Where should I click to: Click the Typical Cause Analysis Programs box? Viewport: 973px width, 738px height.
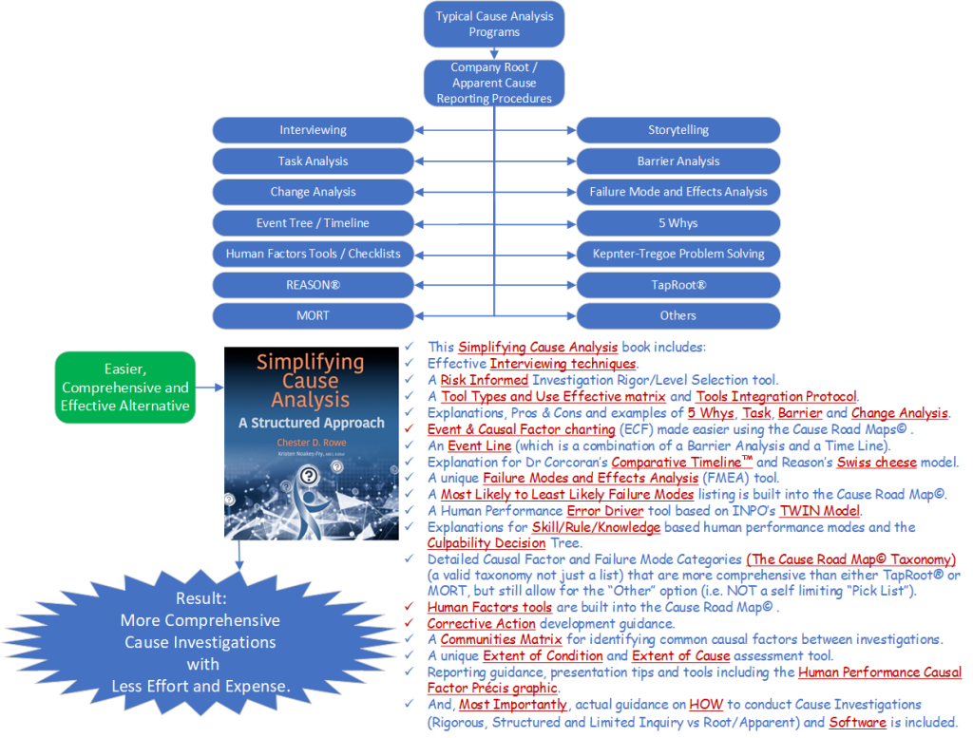(x=494, y=24)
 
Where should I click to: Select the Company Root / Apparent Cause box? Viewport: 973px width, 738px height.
(x=494, y=84)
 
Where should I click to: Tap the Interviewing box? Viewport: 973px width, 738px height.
(x=313, y=130)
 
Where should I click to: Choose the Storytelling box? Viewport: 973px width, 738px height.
(x=677, y=130)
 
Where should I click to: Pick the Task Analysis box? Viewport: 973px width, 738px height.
(x=313, y=161)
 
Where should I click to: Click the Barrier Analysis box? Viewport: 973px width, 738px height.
(x=677, y=161)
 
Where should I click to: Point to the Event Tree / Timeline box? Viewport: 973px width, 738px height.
(x=313, y=223)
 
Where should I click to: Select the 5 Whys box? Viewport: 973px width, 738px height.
(x=677, y=223)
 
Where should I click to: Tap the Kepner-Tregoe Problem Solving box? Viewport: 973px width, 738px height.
(x=677, y=254)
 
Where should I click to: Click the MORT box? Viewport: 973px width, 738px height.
(x=313, y=315)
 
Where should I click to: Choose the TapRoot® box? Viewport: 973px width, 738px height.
(x=677, y=285)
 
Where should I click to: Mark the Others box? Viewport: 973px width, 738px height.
(x=677, y=315)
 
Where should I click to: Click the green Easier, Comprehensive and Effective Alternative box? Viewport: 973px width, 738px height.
(x=125, y=388)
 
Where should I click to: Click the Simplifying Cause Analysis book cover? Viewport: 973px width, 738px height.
(x=311, y=444)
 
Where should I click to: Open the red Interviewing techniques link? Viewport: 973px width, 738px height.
(x=563, y=364)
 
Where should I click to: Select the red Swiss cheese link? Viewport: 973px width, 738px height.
(x=877, y=463)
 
